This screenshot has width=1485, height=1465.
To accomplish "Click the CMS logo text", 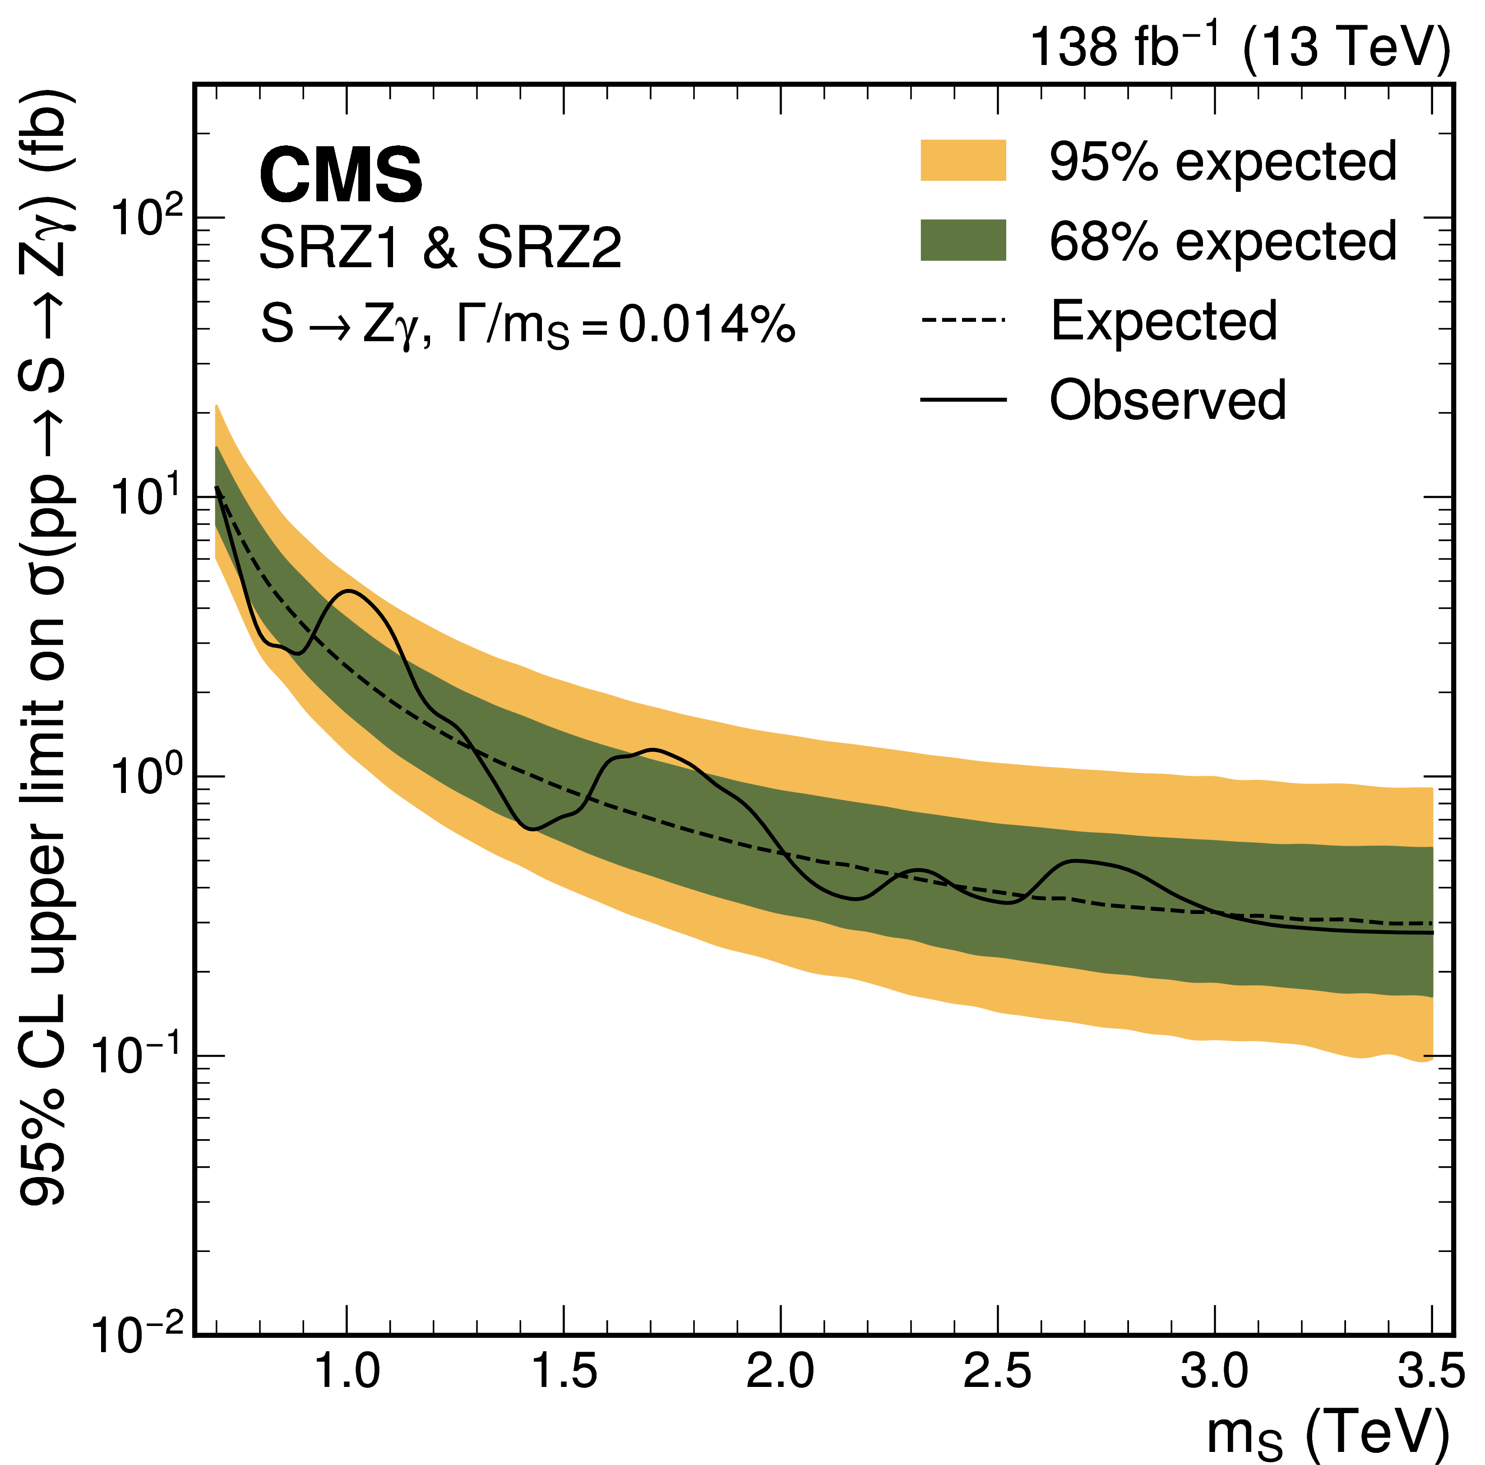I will [341, 175].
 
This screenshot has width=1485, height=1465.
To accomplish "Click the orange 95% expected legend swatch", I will [962, 161].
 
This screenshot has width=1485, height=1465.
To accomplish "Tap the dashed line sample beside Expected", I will [962, 320].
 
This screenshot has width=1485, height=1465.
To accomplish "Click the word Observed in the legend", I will [1167, 400].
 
